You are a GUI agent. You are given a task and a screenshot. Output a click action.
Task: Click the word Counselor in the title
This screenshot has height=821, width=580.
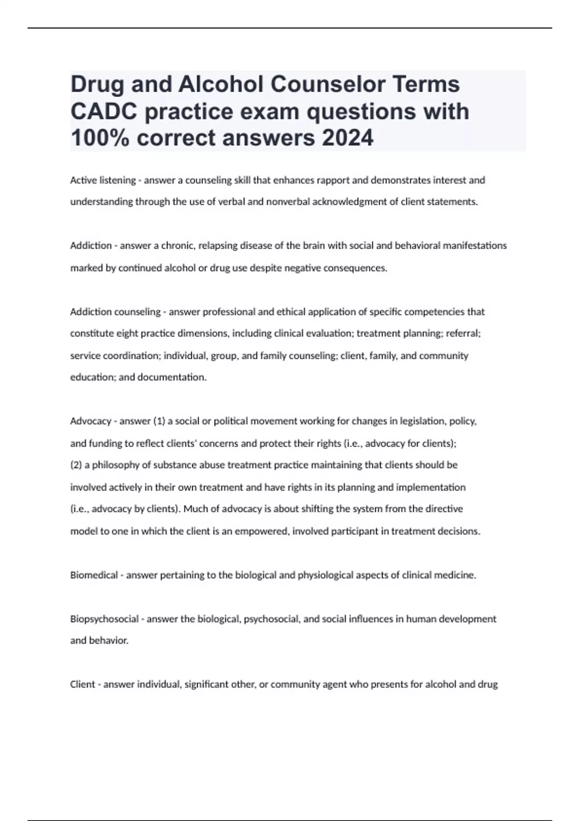tap(317, 85)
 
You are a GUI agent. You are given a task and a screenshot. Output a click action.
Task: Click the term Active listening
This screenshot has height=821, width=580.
tap(103, 180)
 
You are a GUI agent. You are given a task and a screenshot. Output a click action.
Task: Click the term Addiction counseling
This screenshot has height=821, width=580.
tap(115, 312)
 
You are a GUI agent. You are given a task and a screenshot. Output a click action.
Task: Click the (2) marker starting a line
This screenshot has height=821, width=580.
tap(76, 465)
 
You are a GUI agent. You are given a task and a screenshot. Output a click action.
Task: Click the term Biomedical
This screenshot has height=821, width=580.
tap(94, 575)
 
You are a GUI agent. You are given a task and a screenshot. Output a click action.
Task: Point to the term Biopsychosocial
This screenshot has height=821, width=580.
tap(104, 619)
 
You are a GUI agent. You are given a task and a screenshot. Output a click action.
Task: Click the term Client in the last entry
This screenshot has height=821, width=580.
tap(83, 684)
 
